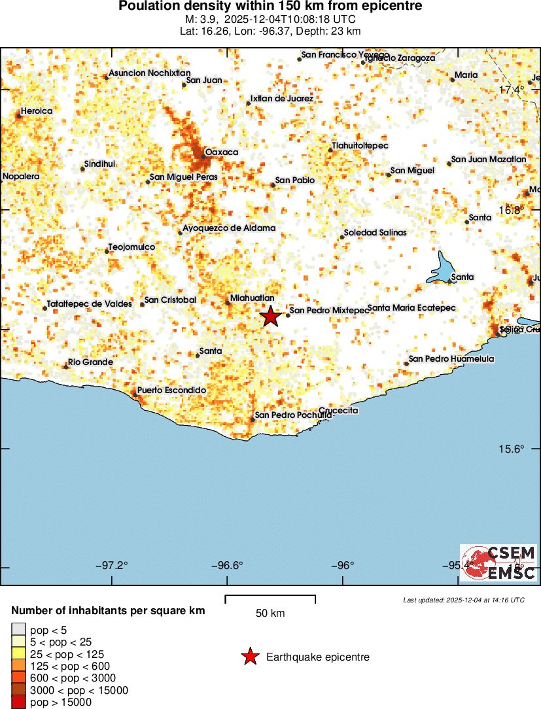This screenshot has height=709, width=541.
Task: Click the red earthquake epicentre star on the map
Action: pos(271,317)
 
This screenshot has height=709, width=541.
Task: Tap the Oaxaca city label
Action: pos(222,152)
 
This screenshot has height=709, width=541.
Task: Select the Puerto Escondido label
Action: pos(171,390)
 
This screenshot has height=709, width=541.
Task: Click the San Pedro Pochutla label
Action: pos(293,415)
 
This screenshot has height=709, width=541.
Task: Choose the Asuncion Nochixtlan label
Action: pos(150,73)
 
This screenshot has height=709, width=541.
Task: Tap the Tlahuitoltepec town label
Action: pos(360,145)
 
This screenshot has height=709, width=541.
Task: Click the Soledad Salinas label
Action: pos(375,233)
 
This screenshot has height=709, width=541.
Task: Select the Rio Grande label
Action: pos(91,362)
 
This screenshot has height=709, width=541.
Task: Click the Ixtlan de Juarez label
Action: pos(281,99)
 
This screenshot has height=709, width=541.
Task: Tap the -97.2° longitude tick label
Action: pos(113,566)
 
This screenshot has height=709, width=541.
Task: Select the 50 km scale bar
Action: pos(270,599)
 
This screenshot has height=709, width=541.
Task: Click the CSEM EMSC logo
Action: pos(498,563)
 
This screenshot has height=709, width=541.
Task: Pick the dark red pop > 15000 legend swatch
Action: pos(18,702)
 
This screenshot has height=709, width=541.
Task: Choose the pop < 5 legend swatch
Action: pos(18,631)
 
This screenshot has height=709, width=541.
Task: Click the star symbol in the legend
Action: pos(250,657)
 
